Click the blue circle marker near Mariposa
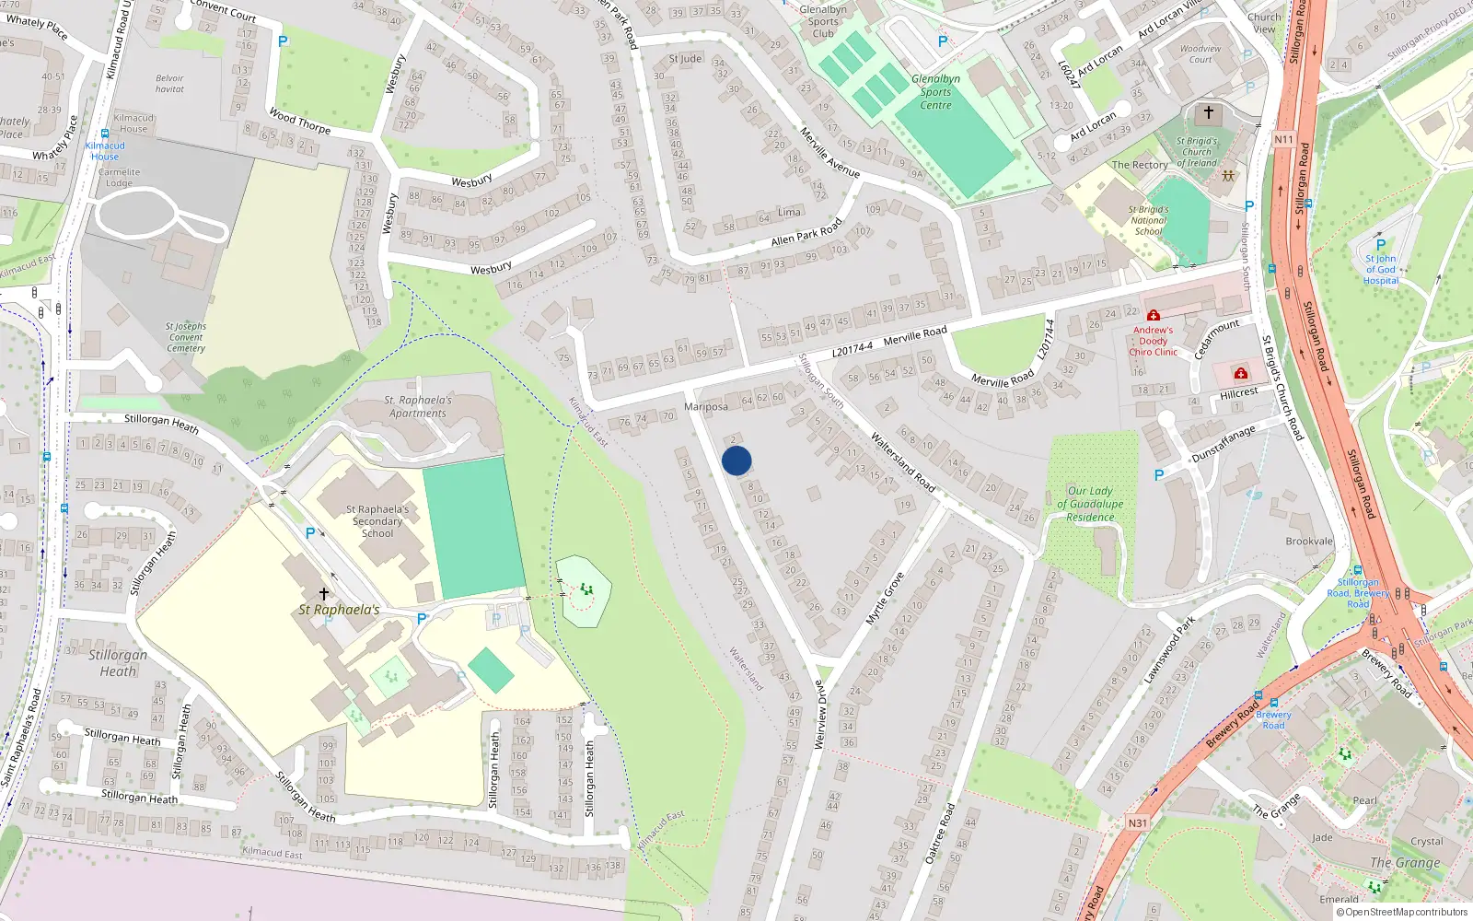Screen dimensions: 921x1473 [x=736, y=460]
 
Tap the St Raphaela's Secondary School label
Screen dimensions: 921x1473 [x=377, y=520]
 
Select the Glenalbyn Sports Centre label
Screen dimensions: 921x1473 [x=935, y=92]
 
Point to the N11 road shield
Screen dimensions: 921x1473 [x=1283, y=139]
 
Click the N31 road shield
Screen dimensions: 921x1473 [x=1137, y=823]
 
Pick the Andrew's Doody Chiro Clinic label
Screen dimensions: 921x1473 [x=1153, y=341]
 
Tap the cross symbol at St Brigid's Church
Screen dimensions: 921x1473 [x=1209, y=112]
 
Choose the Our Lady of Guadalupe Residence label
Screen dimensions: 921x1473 [x=1090, y=504]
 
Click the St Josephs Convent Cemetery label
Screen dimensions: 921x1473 [x=186, y=337]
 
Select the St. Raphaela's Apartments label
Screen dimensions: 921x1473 [x=417, y=406]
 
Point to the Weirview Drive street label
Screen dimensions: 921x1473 [x=819, y=715]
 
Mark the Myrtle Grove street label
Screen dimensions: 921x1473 [x=885, y=599]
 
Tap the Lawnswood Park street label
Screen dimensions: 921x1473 [x=1169, y=650]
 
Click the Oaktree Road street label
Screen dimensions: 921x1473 [x=940, y=834]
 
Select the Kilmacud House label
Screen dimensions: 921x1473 [x=105, y=151]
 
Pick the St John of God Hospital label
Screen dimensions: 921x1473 [x=1380, y=270]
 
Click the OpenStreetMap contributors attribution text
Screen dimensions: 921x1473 [x=1401, y=912]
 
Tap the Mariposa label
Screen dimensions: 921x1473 [x=706, y=406]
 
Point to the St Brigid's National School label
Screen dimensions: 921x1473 [x=1148, y=220]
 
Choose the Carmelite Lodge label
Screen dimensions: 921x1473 [x=119, y=178]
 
